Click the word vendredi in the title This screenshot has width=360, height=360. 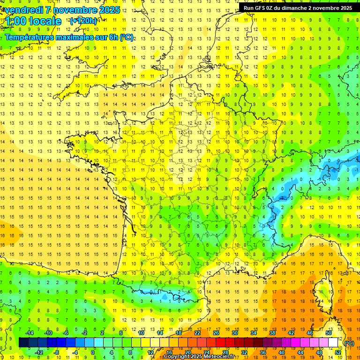pos(24,10)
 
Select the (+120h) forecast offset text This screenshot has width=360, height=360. pos(83,21)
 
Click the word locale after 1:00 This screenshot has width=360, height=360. pos(45,21)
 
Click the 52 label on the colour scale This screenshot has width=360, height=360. pos(338,352)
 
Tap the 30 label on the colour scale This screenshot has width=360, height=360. pos(235,333)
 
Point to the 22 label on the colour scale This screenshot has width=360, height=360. pos(197,333)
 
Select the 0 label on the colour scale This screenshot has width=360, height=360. pos(92,352)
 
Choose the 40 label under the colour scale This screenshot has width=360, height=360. pos(282,352)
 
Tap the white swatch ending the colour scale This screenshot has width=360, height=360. pos(333,343)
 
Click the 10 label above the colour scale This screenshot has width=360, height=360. pos(141,333)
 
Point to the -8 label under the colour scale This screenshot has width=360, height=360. pos(57,352)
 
